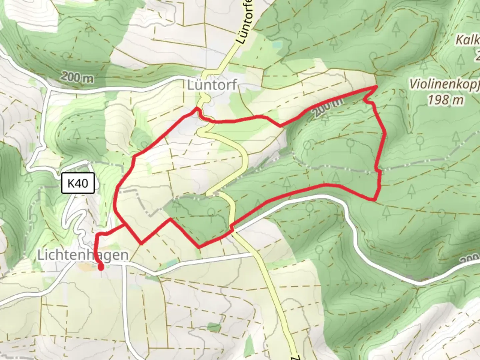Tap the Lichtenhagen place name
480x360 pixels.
(x=83, y=255)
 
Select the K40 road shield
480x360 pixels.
(x=78, y=183)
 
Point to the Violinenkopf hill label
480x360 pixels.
(x=444, y=84)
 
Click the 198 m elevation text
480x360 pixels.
(x=446, y=100)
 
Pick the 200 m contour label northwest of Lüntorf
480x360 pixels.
(x=77, y=77)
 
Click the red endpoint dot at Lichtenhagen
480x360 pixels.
(x=100, y=266)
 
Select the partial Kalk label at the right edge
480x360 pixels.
(x=468, y=40)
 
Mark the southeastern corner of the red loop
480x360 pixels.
(x=375, y=200)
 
